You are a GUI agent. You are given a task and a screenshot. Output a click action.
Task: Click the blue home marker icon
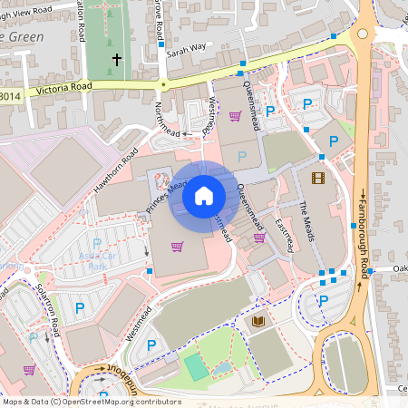pos(204,196)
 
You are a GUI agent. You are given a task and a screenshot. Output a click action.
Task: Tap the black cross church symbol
pos(117,60)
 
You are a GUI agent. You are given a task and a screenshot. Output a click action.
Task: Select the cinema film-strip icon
pos(317,178)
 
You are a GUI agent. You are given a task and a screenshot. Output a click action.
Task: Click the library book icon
pos(257,322)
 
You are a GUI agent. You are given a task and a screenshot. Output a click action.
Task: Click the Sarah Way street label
pos(186,47)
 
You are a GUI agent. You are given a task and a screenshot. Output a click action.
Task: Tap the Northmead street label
pos(163,117)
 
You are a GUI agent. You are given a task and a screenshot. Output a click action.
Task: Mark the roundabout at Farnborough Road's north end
pos(364,34)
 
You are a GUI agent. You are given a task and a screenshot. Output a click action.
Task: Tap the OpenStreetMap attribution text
pos(91,402)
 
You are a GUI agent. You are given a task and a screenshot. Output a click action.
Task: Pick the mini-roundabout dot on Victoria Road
pos(163,85)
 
